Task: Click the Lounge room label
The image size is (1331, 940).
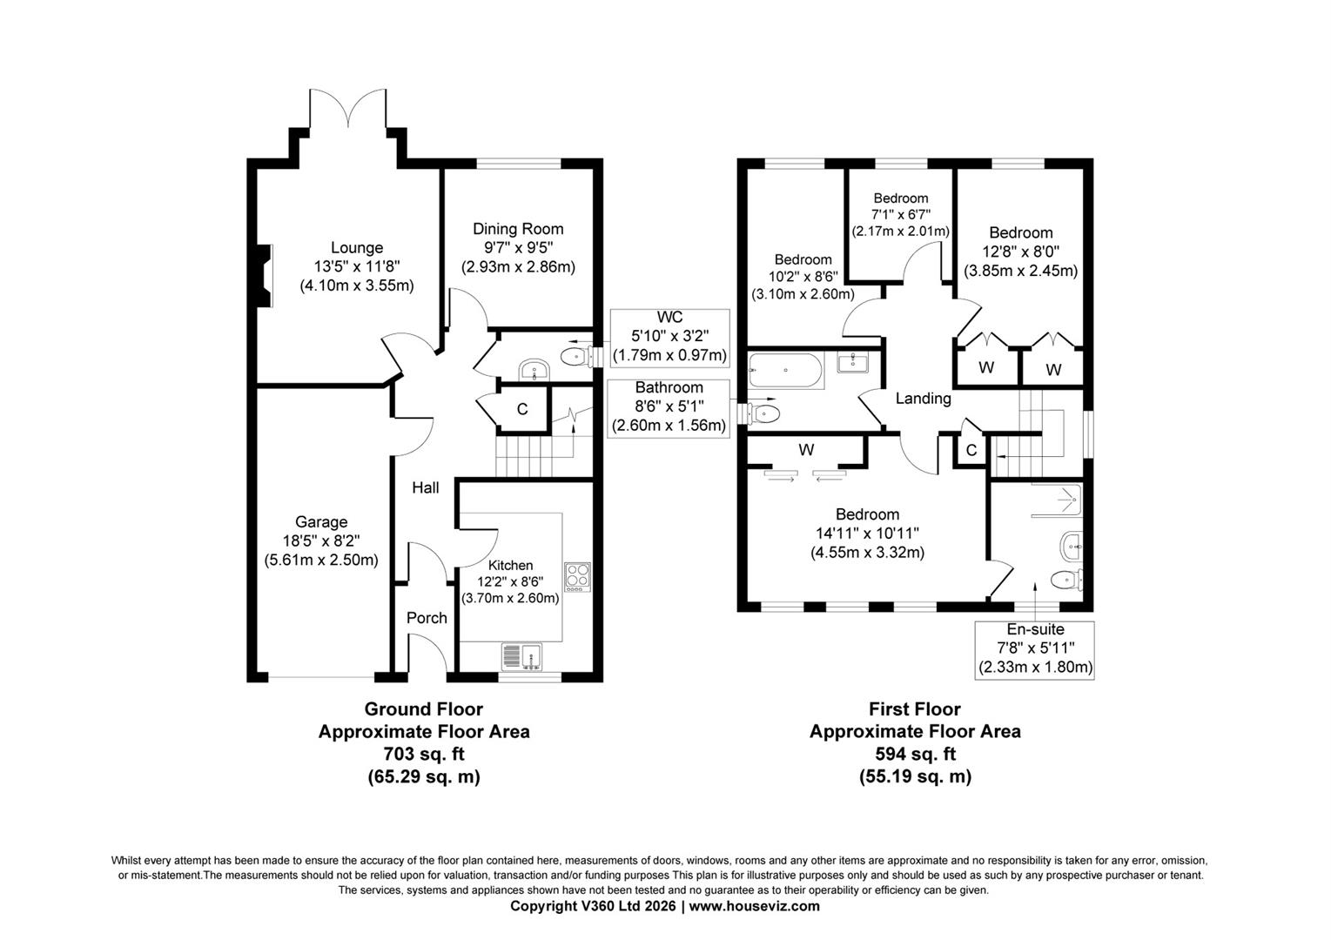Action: pyautogui.click(x=356, y=248)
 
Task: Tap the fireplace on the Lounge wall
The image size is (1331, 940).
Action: pyautogui.click(x=265, y=276)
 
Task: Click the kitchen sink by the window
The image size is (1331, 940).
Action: pyautogui.click(x=521, y=656)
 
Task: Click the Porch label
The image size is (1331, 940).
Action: pyautogui.click(x=427, y=618)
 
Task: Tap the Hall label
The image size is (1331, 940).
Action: pyautogui.click(x=425, y=488)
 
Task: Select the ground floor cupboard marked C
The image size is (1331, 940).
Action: pyautogui.click(x=522, y=409)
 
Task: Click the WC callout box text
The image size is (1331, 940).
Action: pyautogui.click(x=669, y=337)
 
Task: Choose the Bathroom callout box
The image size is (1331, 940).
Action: pyautogui.click(x=669, y=406)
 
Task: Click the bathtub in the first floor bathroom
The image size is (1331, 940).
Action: pyautogui.click(x=784, y=373)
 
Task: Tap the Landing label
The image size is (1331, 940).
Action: pyautogui.click(x=923, y=399)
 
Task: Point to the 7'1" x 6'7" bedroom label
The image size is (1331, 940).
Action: pyautogui.click(x=900, y=214)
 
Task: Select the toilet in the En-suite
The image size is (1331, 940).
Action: pyautogui.click(x=1065, y=579)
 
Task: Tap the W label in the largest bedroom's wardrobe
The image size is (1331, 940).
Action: pyautogui.click(x=806, y=450)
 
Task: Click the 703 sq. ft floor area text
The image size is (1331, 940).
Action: pyautogui.click(x=423, y=754)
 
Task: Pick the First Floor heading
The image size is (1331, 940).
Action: pyautogui.click(x=914, y=709)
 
